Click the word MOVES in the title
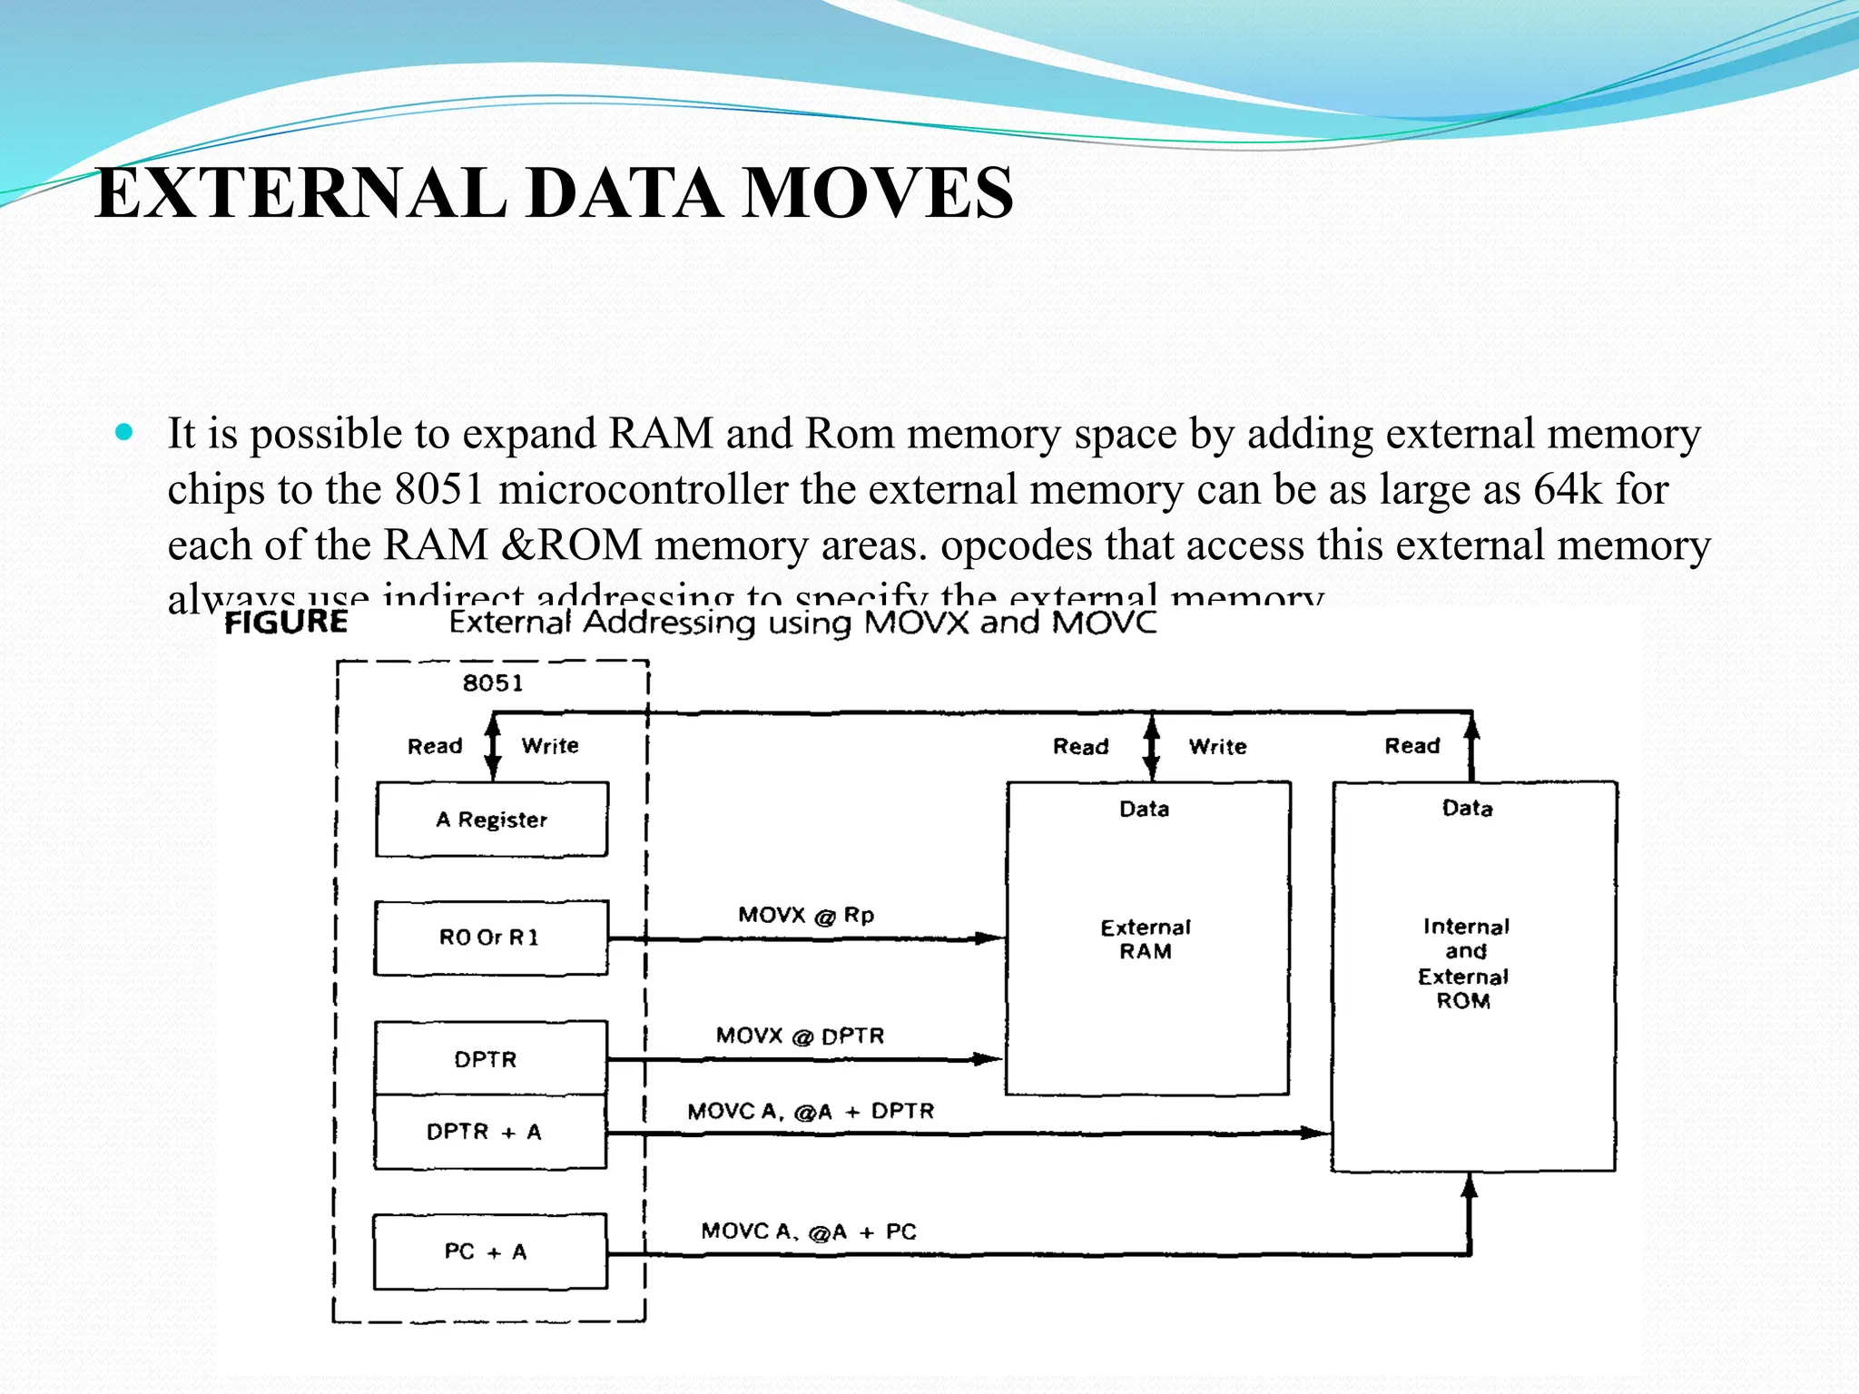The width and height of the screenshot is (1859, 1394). pos(877,193)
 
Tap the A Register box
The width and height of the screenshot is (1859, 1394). pos(491,820)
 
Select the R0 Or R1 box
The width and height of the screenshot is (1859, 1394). pos(490,938)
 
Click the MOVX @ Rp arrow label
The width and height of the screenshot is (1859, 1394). pos(806,915)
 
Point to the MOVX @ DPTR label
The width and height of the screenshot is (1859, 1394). pos(800,1036)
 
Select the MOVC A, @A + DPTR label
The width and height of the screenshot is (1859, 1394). pos(811,1111)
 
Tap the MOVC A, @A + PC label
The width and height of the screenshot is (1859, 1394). pos(809,1232)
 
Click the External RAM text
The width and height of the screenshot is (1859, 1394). pos(1146,939)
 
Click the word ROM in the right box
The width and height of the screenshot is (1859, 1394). pos(1463,1001)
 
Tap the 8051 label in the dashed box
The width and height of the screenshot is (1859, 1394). pos(493,682)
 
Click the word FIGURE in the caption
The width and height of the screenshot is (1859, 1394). pos(286,622)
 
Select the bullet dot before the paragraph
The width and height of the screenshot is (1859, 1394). pos(124,432)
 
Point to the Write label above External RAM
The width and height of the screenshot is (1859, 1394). pos(1217,746)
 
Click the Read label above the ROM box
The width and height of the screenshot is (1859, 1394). pos(1411,745)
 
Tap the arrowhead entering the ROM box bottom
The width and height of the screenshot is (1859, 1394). pos(1470,1183)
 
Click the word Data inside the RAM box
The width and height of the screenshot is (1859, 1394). pos(1144,809)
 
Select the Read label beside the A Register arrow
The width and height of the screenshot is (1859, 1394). pos(435,746)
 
